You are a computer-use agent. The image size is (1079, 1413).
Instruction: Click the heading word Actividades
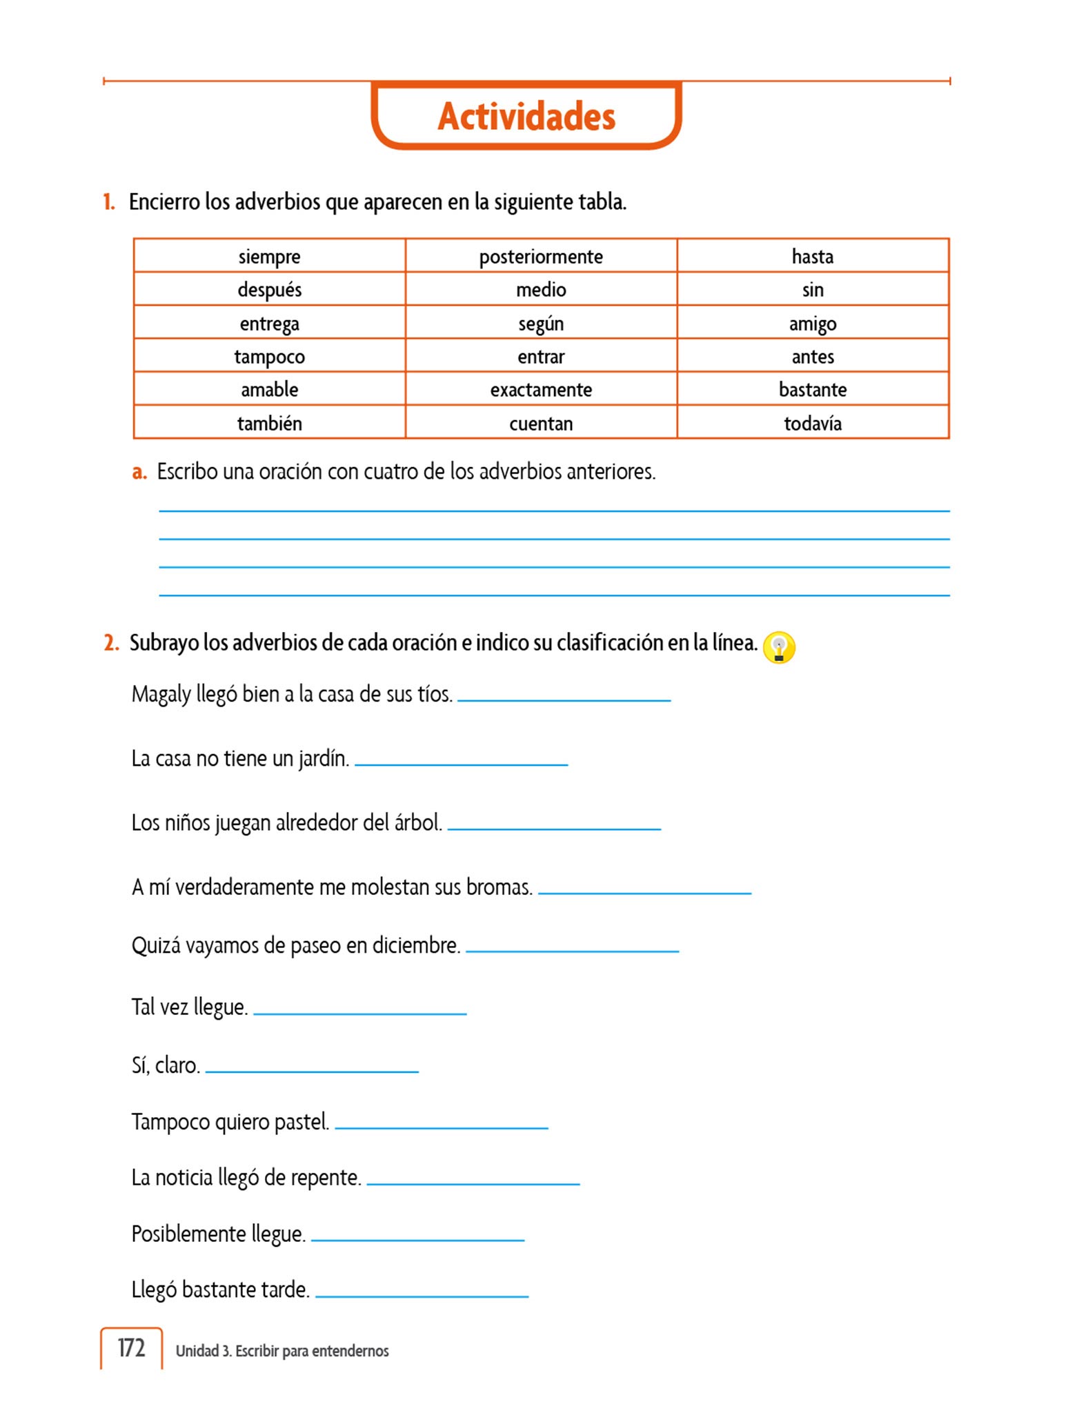tap(526, 117)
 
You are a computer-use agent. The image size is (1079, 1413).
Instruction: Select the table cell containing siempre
tap(269, 257)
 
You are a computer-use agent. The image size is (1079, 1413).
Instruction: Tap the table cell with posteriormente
tap(541, 257)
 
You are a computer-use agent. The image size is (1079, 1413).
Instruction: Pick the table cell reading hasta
tap(812, 257)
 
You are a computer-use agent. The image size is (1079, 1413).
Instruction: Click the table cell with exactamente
tap(541, 390)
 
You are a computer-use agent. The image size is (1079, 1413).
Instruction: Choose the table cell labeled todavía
tap(812, 423)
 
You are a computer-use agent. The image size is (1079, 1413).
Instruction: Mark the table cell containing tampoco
tap(269, 357)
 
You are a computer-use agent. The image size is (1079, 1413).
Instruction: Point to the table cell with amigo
tap(812, 324)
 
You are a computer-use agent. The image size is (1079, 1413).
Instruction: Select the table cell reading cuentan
tap(541, 423)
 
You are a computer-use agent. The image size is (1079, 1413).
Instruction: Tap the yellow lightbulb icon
tap(779, 648)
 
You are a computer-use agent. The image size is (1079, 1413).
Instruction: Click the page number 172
tap(131, 1348)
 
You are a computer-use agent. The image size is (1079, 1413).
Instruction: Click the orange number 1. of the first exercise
tap(109, 202)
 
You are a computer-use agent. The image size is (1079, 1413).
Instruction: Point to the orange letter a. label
tap(139, 472)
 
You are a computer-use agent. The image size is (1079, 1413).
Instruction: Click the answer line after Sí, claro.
tap(312, 1070)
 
